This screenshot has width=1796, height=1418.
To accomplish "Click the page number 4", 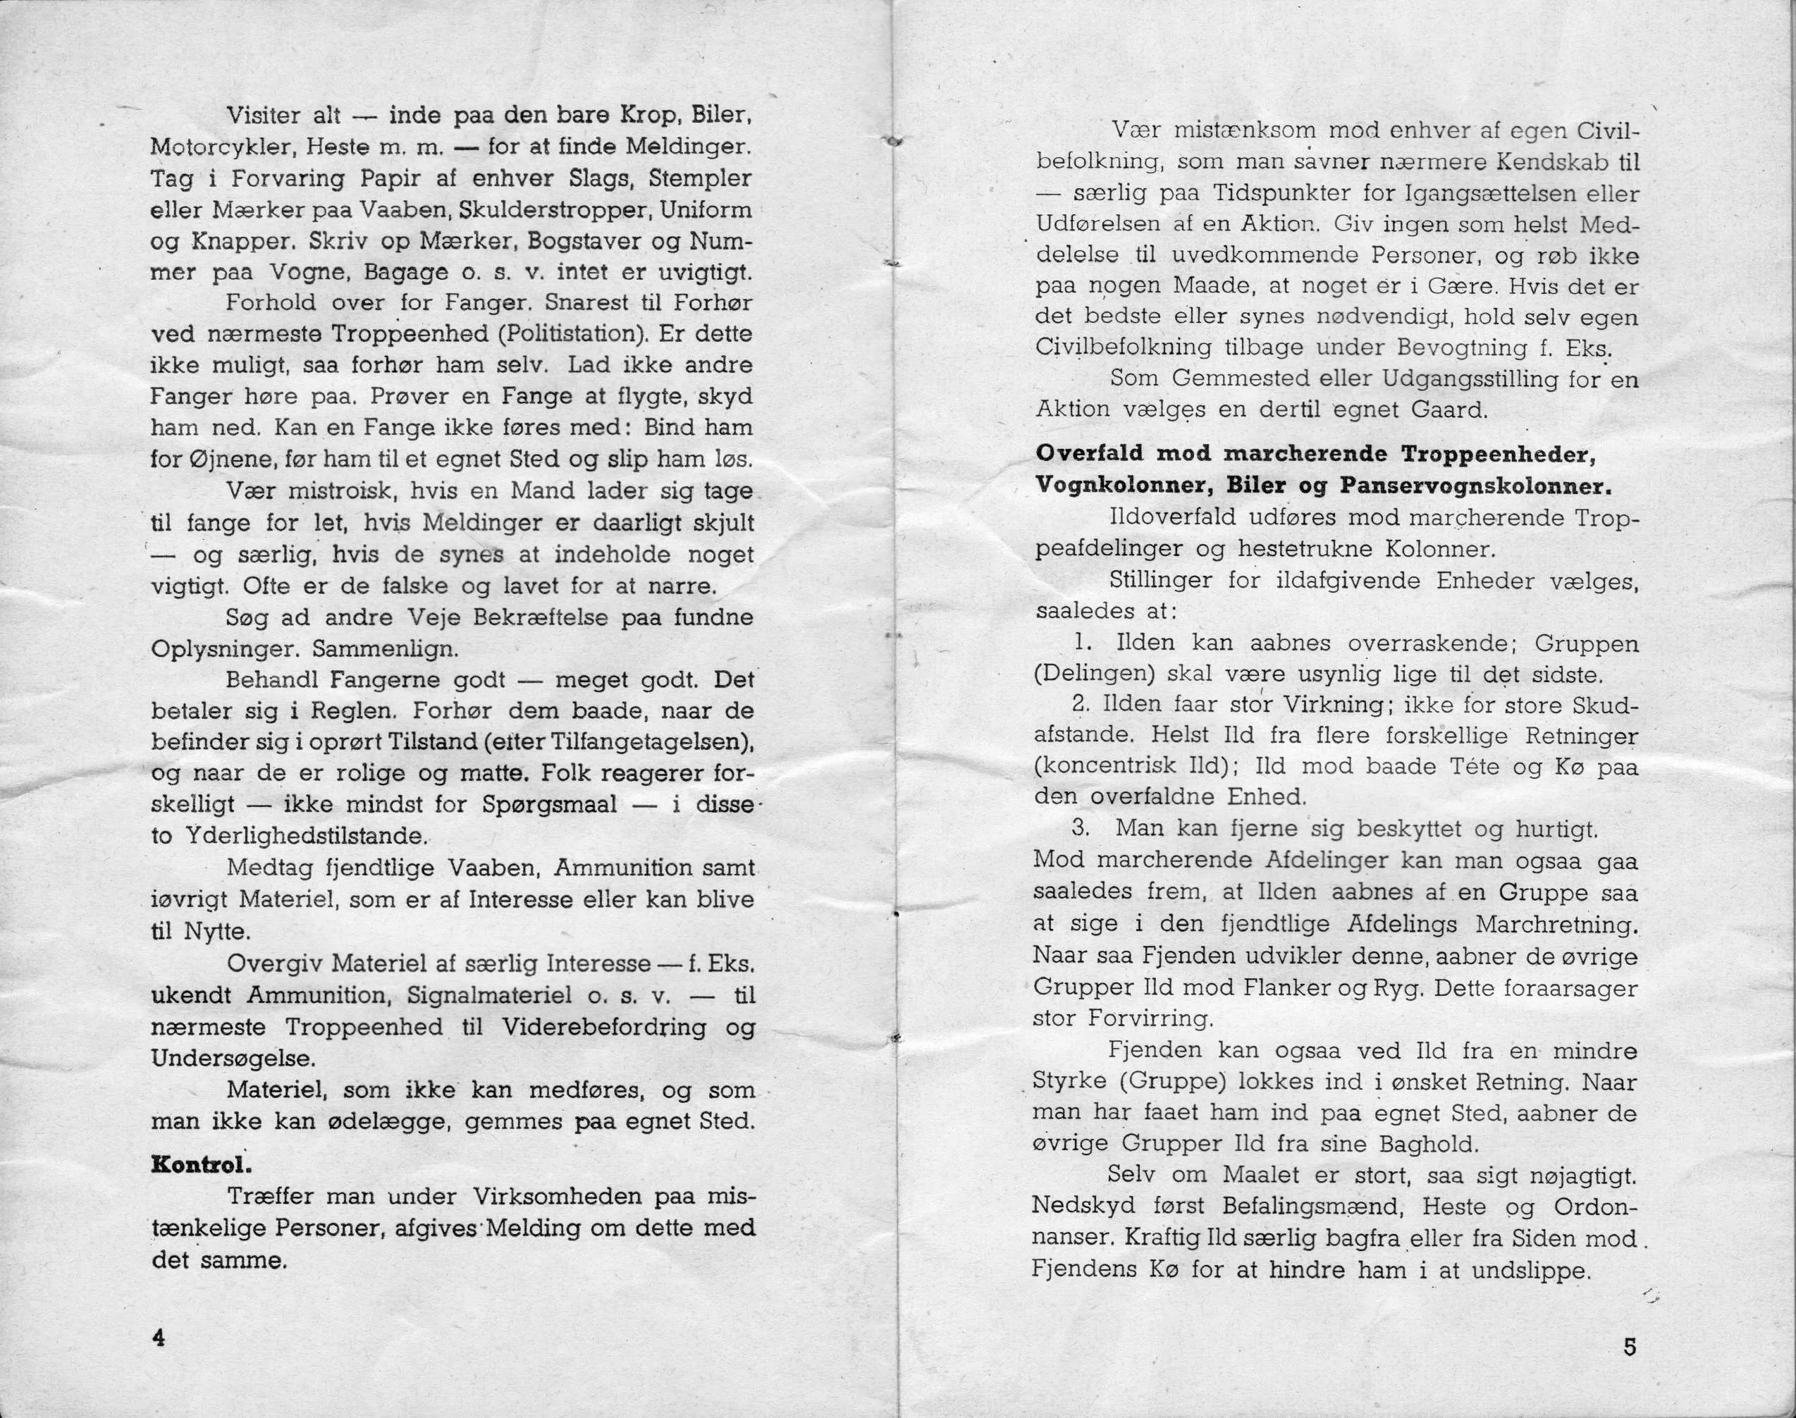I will (x=158, y=1338).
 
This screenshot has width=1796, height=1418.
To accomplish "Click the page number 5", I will (x=1629, y=1347).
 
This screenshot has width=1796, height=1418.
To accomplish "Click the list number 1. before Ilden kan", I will (x=1081, y=643).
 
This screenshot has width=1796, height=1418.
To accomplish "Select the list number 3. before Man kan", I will (x=1081, y=829).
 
